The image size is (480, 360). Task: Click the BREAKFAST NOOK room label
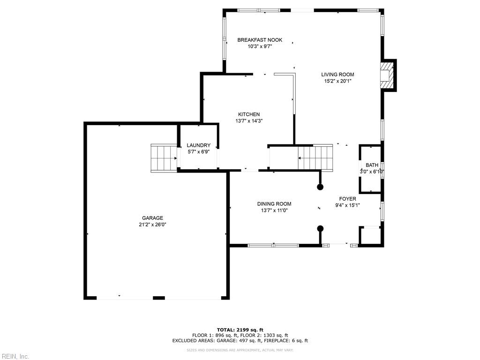(x=260, y=40)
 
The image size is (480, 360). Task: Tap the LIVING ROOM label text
(x=337, y=75)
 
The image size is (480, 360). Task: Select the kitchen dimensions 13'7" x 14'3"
(x=249, y=121)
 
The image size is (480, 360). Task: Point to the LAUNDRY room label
(x=198, y=145)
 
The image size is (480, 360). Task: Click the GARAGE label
(x=153, y=218)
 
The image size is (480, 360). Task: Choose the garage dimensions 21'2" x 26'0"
(x=153, y=225)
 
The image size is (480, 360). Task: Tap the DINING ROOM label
(x=274, y=204)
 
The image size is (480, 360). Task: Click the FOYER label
(x=347, y=199)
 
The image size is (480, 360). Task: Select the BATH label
(x=372, y=165)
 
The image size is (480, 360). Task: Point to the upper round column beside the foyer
(x=320, y=187)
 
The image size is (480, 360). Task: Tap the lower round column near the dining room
(x=320, y=229)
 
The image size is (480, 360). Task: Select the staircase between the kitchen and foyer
(x=315, y=157)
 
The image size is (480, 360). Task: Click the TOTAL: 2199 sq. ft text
(x=240, y=330)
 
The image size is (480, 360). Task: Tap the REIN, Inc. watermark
(x=15, y=356)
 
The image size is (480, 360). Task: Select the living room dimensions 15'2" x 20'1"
(x=337, y=81)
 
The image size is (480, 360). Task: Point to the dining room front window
(x=273, y=245)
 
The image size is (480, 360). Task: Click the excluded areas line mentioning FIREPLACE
(x=240, y=341)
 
